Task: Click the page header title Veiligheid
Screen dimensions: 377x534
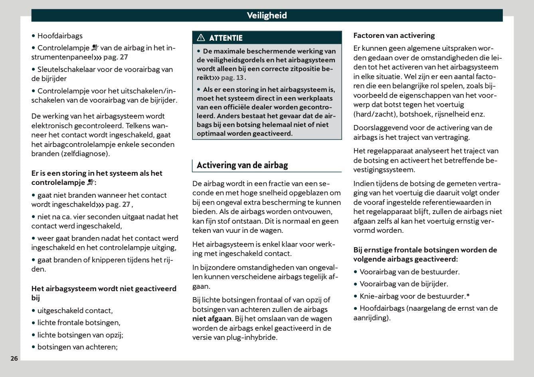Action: tap(267, 16)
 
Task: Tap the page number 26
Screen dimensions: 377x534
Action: tap(14, 358)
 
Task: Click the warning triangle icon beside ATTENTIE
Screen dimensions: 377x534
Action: tap(201, 38)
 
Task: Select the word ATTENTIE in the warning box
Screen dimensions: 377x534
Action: tap(225, 38)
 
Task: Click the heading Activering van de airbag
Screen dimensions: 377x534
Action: tap(242, 165)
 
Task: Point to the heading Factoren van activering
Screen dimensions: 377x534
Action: tap(394, 36)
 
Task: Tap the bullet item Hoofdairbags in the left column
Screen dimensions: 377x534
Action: tap(60, 36)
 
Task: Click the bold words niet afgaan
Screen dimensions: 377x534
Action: tap(212, 319)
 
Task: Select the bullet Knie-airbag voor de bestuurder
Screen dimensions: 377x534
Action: tap(414, 296)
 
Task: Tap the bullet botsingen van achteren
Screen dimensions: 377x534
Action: tap(77, 347)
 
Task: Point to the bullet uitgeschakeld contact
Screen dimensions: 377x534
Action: tap(75, 311)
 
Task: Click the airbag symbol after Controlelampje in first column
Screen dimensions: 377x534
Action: tap(95, 48)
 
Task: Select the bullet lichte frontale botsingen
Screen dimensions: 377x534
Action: tap(79, 323)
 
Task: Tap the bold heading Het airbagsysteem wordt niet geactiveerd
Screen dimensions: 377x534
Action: tap(104, 289)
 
